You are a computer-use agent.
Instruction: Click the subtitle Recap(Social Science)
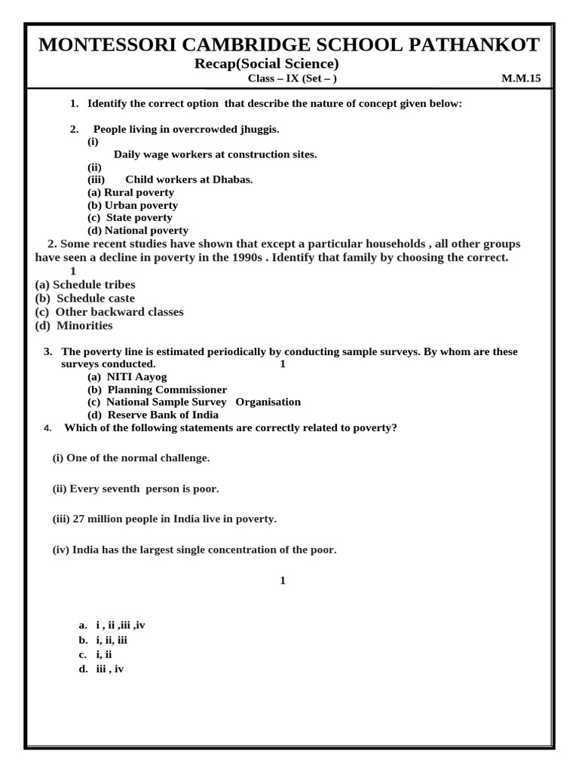point(266,63)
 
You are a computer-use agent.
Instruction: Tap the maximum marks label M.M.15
point(521,78)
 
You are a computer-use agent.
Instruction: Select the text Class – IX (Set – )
point(292,78)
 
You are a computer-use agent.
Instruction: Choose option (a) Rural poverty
point(130,192)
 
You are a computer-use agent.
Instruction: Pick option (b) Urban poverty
point(133,205)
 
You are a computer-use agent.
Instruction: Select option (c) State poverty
point(130,218)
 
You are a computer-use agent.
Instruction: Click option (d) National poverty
point(138,231)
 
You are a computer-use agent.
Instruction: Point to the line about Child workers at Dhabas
point(188,179)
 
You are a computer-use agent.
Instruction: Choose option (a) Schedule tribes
point(85,285)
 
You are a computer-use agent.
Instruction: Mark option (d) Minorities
point(74,326)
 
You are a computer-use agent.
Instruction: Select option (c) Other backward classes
point(109,312)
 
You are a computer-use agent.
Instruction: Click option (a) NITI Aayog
point(127,376)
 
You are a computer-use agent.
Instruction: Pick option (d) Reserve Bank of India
point(153,415)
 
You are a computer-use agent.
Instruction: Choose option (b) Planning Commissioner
point(157,390)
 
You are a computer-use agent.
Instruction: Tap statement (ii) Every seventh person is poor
point(136,489)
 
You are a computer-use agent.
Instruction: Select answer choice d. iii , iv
point(102,669)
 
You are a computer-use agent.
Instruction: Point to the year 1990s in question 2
point(245,258)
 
